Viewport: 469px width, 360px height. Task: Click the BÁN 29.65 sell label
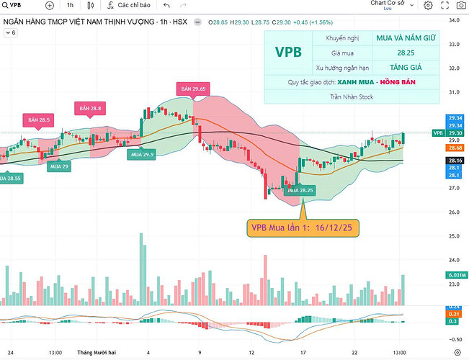point(193,89)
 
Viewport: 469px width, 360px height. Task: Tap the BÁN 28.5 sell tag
point(39,119)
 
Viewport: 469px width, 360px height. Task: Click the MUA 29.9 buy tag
point(140,154)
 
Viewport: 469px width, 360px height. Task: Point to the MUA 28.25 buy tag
point(300,190)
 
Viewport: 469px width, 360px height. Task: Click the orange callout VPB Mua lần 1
point(304,228)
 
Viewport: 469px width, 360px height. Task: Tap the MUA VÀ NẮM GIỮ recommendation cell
point(405,37)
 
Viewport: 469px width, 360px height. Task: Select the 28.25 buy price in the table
point(405,52)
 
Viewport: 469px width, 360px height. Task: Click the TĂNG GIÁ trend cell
point(405,67)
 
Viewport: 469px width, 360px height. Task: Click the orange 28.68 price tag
point(455,147)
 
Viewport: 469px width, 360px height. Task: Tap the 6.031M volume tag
point(455,274)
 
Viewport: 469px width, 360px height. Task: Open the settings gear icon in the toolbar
point(428,6)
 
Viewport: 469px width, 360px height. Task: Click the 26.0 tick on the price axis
point(454,212)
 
